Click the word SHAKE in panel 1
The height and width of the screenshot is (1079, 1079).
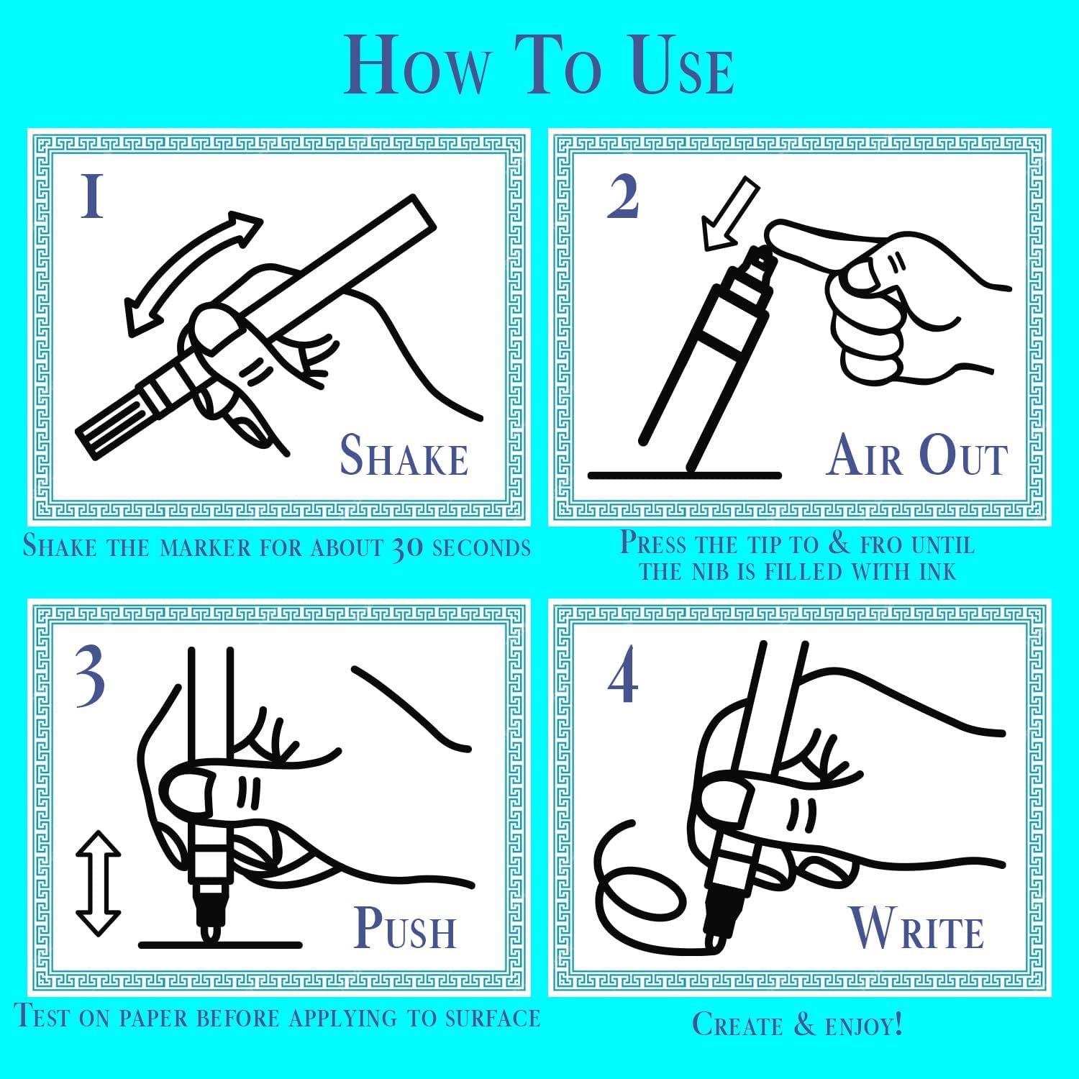(x=404, y=456)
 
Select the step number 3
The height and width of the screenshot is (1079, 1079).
(x=90, y=677)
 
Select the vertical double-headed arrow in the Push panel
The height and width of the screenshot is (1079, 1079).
(x=98, y=883)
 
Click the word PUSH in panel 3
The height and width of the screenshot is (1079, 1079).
(x=406, y=928)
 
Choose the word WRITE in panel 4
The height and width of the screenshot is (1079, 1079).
(x=917, y=929)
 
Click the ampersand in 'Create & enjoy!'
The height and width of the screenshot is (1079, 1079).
(x=804, y=1023)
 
